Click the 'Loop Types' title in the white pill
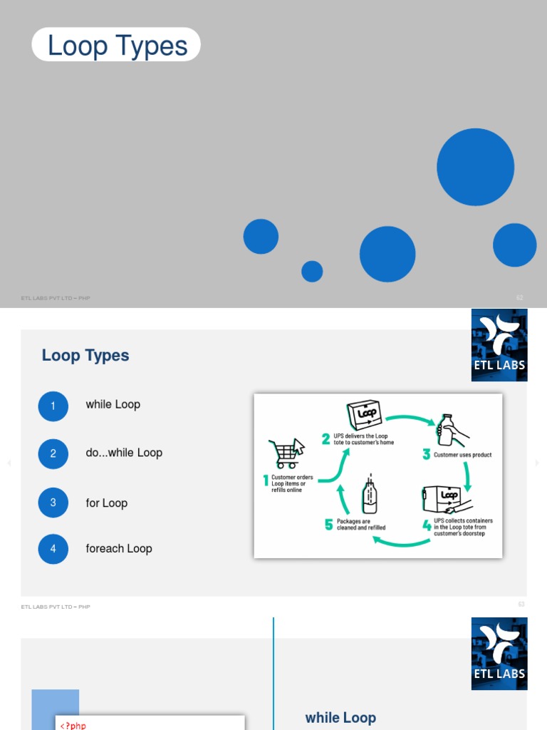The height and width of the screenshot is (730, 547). click(x=117, y=46)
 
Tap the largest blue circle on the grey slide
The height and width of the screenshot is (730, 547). click(x=475, y=167)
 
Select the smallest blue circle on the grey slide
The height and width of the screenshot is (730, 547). click(x=312, y=271)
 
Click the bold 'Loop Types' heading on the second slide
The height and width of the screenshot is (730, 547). click(x=85, y=356)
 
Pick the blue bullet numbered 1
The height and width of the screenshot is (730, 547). click(x=53, y=406)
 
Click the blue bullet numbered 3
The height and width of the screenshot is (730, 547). click(x=53, y=503)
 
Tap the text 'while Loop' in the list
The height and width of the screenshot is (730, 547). click(x=113, y=404)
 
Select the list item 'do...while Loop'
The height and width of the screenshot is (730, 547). click(x=124, y=453)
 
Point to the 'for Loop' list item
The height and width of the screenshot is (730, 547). click(x=106, y=503)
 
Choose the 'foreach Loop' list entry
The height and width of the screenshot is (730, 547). click(x=118, y=548)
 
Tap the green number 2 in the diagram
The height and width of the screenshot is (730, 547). click(x=325, y=439)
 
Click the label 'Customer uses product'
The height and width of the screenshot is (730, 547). click(x=462, y=455)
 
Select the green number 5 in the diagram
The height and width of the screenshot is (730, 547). click(x=328, y=525)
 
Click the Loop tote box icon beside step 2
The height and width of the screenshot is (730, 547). click(x=365, y=416)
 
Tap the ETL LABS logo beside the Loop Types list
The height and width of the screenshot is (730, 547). click(x=499, y=345)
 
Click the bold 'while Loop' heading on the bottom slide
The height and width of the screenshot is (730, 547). click(x=340, y=718)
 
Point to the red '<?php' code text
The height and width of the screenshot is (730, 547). click(x=73, y=726)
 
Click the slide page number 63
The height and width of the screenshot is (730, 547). click(x=521, y=604)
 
